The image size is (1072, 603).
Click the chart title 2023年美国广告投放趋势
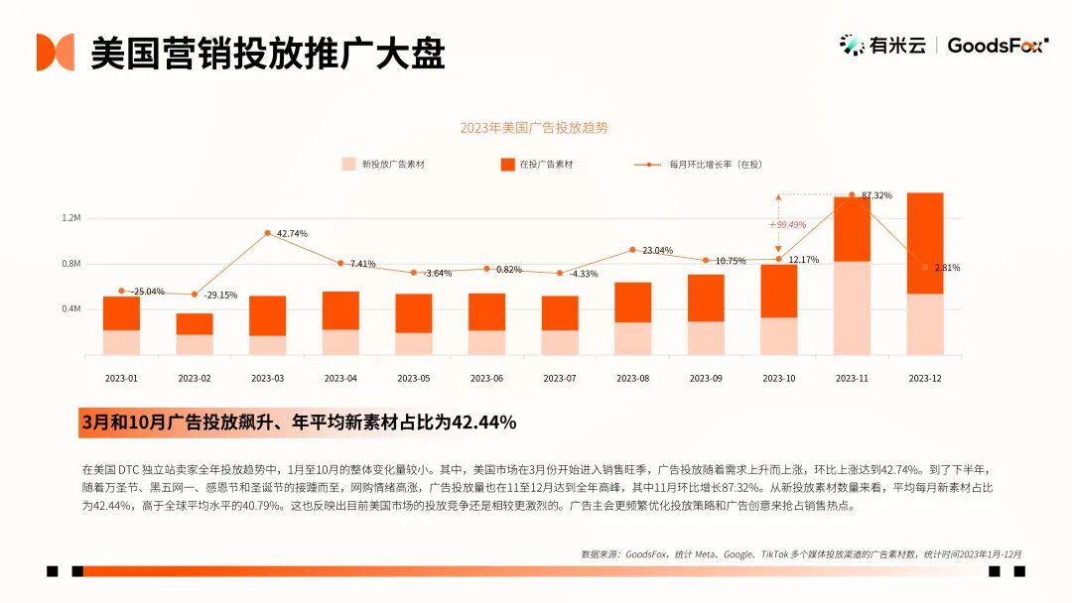[x=534, y=128]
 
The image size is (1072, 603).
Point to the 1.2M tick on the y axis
[x=71, y=218]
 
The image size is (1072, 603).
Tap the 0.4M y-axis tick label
[x=71, y=308]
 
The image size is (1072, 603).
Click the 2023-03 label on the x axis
[x=267, y=378]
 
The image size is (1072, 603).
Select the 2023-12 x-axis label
[x=925, y=378]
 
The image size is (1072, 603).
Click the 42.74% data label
[x=292, y=234]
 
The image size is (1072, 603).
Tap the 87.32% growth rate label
[x=876, y=195]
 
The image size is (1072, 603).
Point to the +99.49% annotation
[x=787, y=225]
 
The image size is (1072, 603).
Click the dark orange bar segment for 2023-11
[x=852, y=229]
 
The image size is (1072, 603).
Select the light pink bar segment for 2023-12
[x=925, y=324]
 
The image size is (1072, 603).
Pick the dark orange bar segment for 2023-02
[x=195, y=324]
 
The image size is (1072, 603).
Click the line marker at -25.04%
[x=121, y=291]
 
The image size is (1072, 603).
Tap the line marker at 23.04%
[x=632, y=250]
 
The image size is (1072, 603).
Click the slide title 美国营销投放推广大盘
[x=268, y=53]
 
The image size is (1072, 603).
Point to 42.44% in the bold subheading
[x=483, y=422]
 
